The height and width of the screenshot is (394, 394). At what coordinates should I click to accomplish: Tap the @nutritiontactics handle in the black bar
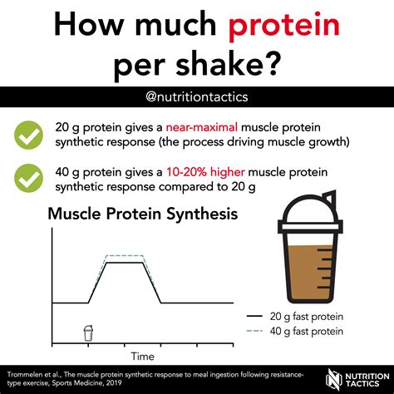coord(197,96)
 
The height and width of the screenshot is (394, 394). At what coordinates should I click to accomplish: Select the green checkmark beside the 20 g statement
coord(30,135)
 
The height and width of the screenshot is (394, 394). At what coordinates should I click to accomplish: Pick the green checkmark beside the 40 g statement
coord(30,177)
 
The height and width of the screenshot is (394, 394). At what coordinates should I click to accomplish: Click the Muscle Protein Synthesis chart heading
coord(143,214)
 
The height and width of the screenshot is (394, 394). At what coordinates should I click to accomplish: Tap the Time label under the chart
coord(142,357)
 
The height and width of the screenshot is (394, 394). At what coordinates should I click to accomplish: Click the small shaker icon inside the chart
coord(88,332)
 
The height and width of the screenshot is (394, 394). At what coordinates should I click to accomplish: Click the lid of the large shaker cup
coord(308,211)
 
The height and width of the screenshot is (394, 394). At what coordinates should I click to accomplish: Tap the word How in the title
coord(89,28)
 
